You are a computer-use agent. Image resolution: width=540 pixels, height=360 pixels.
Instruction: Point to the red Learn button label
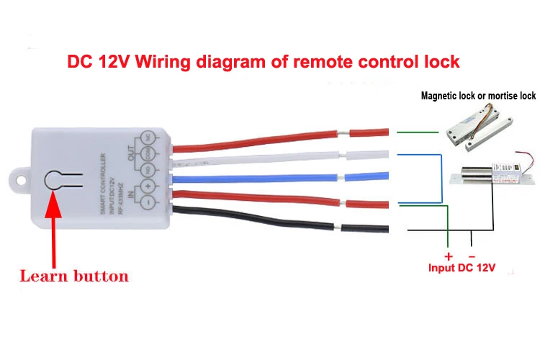[73, 276]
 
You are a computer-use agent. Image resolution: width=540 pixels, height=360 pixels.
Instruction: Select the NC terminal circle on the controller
[148, 135]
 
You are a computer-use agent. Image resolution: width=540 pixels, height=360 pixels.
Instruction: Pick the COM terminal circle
[148, 152]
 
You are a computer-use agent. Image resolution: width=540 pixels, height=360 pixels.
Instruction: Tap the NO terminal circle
[148, 169]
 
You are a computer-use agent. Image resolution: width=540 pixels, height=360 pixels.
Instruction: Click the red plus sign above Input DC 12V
[448, 256]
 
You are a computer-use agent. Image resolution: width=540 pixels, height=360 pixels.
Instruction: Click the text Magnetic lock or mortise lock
[478, 96]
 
